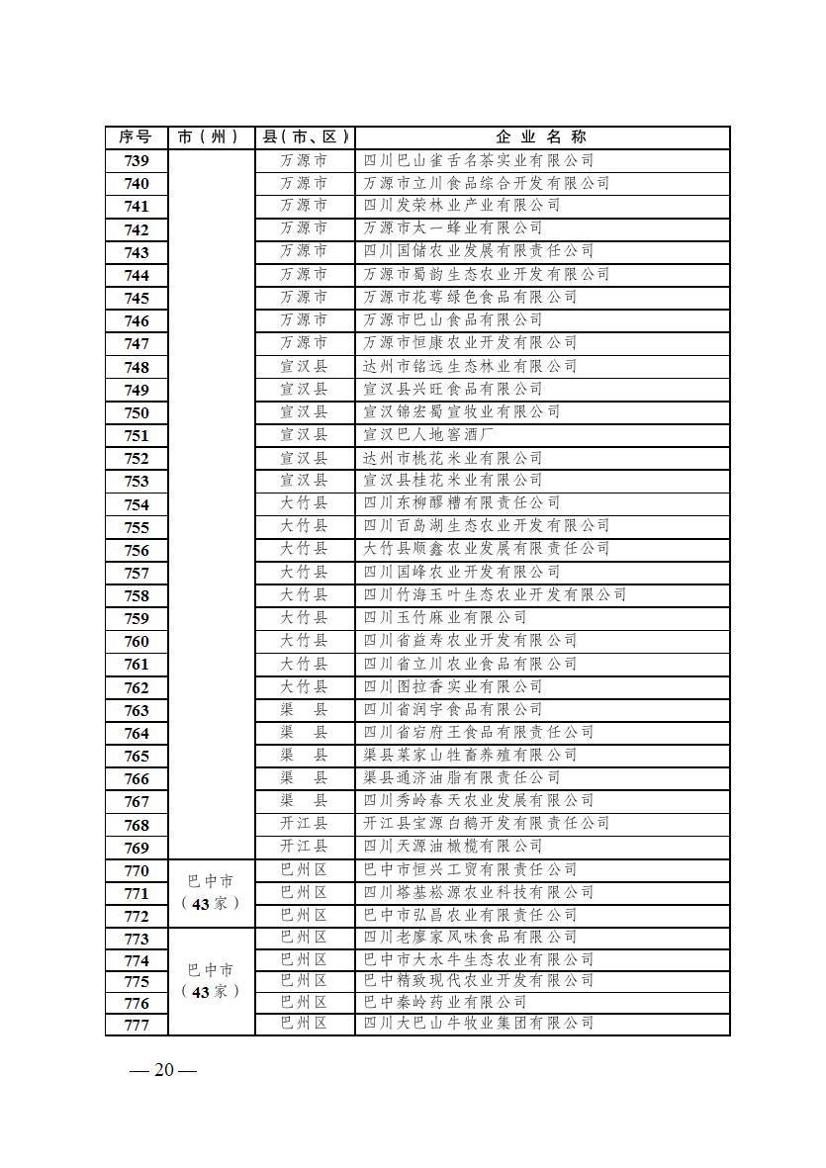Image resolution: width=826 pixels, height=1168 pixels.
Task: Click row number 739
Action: (137, 161)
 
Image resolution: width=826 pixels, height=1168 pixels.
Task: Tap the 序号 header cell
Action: (137, 137)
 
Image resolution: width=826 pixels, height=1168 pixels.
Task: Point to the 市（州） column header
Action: (212, 137)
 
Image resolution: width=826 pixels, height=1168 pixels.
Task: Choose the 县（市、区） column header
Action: (304, 137)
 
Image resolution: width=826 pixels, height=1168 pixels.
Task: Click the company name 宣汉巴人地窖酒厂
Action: (429, 435)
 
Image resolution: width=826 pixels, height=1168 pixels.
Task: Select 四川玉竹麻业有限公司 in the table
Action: (445, 617)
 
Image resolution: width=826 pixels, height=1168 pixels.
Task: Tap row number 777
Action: (137, 1025)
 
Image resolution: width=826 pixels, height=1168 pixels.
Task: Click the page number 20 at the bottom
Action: (164, 1071)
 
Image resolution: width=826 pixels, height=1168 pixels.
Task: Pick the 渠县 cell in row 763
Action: (304, 709)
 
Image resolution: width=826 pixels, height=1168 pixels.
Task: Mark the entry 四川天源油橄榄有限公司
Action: (453, 847)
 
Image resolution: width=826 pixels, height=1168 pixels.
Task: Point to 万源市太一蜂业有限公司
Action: (453, 228)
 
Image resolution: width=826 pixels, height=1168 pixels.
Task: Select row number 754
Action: (137, 504)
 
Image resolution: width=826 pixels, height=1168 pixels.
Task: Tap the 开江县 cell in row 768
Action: (304, 823)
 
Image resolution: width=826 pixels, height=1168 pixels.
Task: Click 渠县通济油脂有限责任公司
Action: (462, 777)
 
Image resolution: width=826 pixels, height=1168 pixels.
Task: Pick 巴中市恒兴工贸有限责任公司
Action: (470, 869)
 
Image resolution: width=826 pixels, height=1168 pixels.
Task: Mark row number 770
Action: (137, 870)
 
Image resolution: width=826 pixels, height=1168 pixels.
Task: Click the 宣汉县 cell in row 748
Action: (304, 366)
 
